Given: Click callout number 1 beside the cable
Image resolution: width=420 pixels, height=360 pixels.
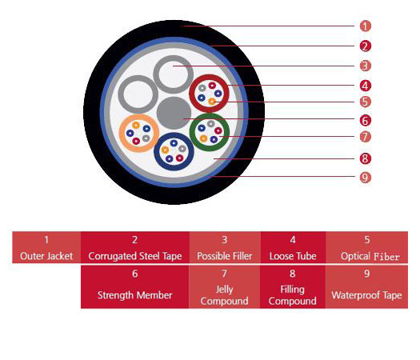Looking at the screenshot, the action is tap(365, 26).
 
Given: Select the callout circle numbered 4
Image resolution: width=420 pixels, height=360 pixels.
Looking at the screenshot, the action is tap(365, 86).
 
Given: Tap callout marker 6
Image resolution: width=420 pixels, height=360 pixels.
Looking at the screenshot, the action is tap(365, 121).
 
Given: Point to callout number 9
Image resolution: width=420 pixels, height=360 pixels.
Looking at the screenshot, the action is tap(365, 178).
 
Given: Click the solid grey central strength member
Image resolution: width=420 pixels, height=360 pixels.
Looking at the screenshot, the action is tap(174, 113).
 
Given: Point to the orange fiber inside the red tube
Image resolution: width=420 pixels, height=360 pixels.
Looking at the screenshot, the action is tap(212, 102).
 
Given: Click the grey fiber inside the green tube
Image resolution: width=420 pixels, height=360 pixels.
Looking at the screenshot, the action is tap(211, 124).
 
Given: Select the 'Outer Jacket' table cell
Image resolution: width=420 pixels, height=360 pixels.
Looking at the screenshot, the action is tap(46, 247).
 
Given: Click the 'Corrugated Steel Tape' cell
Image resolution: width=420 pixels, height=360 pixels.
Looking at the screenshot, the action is tap(135, 247).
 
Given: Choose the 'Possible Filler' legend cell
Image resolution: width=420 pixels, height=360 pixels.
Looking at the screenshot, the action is tap(225, 247).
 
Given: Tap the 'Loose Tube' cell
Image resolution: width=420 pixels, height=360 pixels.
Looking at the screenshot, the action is tap(293, 247).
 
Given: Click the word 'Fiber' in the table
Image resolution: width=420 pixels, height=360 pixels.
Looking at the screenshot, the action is tap(386, 257).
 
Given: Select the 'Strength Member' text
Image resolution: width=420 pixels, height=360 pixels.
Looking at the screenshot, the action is tap(134, 295).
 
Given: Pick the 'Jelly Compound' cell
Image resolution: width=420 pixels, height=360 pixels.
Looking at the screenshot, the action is tap(225, 287).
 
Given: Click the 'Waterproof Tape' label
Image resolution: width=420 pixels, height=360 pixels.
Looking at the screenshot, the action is tap(366, 295).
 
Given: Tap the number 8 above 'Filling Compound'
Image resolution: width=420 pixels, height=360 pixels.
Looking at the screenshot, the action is tap(293, 274).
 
